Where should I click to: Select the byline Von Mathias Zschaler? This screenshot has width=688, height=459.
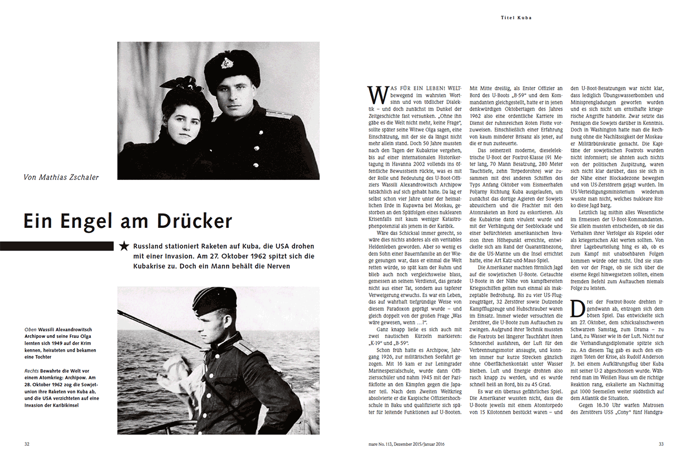pyautogui.click(x=61, y=177)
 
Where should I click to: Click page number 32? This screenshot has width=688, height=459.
pyautogui.click(x=26, y=444)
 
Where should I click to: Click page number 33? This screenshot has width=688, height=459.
pyautogui.click(x=662, y=444)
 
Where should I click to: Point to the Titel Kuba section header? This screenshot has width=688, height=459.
pyautogui.click(x=516, y=18)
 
